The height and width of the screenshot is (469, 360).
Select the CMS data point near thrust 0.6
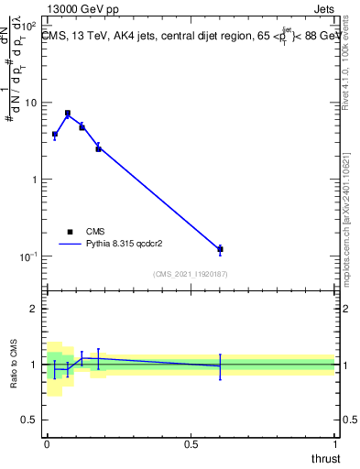pos(220,249)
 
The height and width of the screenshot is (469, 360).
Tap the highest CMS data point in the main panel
pos(68,114)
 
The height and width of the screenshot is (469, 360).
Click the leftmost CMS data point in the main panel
pos(55,134)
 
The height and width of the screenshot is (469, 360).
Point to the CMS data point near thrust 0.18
pos(98,148)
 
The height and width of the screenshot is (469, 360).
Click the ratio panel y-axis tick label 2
pos(34,309)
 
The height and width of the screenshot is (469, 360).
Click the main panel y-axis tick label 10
pos(29,102)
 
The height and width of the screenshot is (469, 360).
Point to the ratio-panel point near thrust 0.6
pos(220,365)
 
